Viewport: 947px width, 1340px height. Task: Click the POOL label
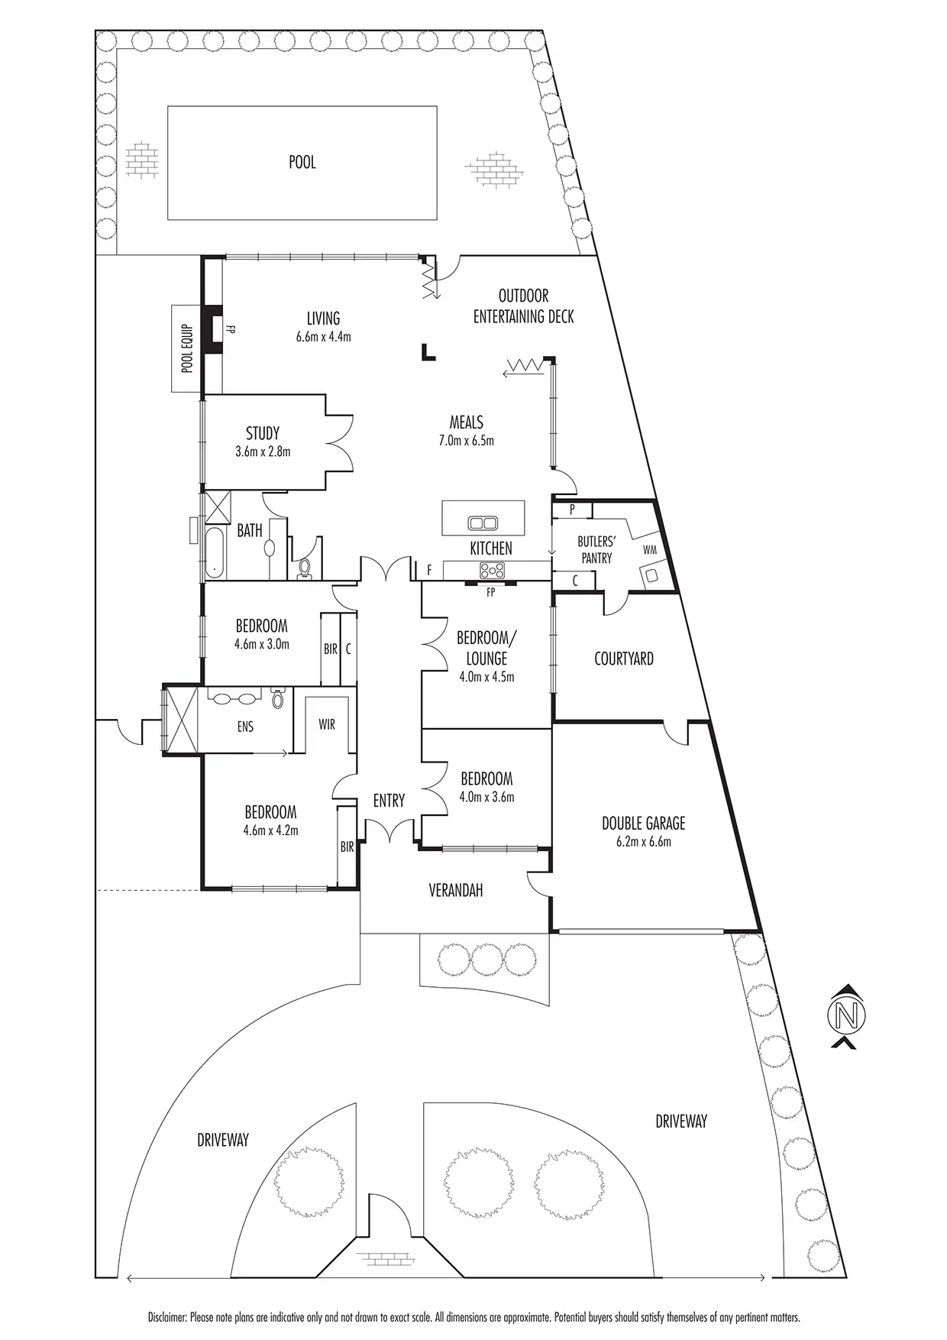[302, 162]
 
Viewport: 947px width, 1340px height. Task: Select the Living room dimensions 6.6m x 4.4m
[323, 336]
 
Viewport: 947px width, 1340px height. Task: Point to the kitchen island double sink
[483, 523]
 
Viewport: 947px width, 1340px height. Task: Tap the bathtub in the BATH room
[215, 547]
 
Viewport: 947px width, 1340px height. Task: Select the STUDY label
[262, 434]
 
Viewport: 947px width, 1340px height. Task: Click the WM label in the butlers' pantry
[650, 549]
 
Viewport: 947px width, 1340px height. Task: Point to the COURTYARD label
[623, 659]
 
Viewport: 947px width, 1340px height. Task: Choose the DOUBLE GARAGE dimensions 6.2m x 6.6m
[643, 842]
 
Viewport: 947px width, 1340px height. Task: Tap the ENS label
[244, 727]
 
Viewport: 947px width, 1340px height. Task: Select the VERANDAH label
[455, 890]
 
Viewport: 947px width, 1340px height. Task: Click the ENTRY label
[389, 801]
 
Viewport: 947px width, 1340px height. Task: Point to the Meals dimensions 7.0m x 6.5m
[466, 441]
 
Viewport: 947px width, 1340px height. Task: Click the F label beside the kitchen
[430, 570]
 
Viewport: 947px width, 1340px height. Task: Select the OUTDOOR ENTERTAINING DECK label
[523, 306]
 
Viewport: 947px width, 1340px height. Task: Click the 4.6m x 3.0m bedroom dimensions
[261, 644]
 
